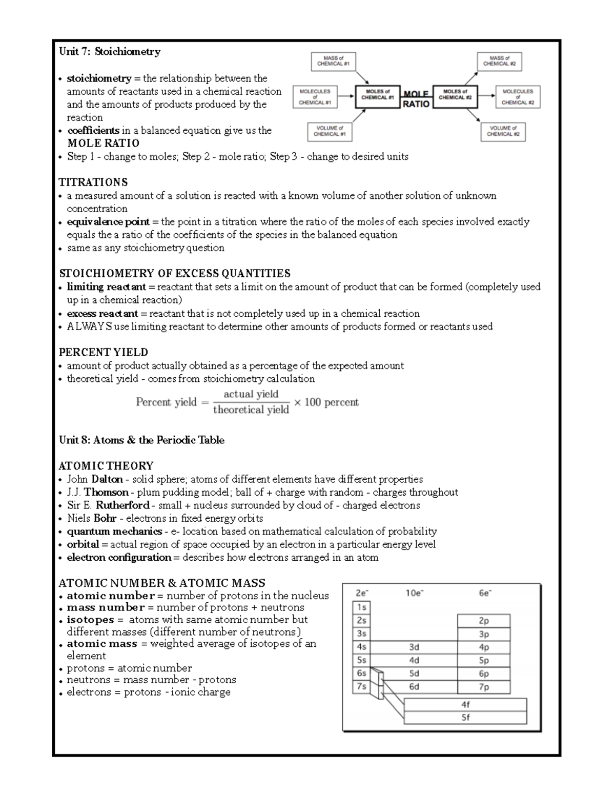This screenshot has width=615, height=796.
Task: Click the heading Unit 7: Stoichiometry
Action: tap(110, 51)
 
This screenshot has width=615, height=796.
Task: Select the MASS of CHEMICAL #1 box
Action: tap(333, 62)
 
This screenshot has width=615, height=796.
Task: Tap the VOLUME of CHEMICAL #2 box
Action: tap(503, 131)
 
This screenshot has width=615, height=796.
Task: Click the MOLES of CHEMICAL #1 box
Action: tap(377, 95)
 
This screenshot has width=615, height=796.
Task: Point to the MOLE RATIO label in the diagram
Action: tap(416, 99)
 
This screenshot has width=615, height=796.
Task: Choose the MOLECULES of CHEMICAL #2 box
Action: tap(518, 97)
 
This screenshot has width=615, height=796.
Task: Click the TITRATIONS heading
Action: tap(93, 182)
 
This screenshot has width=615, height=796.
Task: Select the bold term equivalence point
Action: tap(108, 222)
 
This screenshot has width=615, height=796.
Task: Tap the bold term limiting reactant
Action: tap(106, 287)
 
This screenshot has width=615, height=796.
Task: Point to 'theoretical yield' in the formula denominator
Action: tap(251, 410)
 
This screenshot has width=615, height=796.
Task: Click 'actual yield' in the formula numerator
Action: tap(251, 394)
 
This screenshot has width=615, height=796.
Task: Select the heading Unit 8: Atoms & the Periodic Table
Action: tap(141, 440)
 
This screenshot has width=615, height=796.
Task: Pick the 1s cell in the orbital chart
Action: tap(362, 607)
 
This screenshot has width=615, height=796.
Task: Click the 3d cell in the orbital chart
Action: tap(414, 647)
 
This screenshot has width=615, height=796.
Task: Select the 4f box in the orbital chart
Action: tap(465, 705)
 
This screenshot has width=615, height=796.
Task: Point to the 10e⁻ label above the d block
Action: tap(414, 593)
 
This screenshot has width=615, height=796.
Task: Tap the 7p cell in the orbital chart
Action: tap(483, 687)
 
